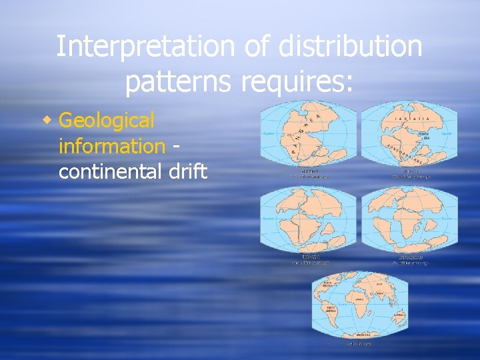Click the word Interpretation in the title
coord(144,47)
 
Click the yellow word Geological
coord(107,121)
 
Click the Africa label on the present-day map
coord(357,300)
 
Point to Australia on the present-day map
coord(399,314)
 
